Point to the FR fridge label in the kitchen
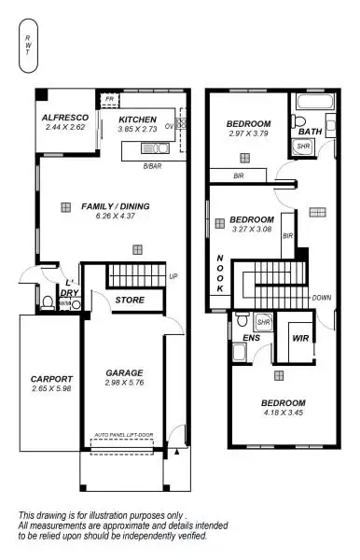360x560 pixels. (x=110, y=98)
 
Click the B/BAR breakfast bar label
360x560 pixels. (x=153, y=165)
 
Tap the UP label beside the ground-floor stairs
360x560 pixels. (x=173, y=277)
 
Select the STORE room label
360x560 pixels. (x=129, y=300)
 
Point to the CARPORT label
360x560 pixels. (x=51, y=378)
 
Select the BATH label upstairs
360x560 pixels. (x=310, y=132)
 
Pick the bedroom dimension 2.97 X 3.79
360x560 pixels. (x=247, y=134)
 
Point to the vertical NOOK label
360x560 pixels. (x=220, y=273)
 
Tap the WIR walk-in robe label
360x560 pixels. (x=300, y=339)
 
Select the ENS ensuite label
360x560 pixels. (x=250, y=339)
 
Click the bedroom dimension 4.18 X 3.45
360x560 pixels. (x=284, y=413)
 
